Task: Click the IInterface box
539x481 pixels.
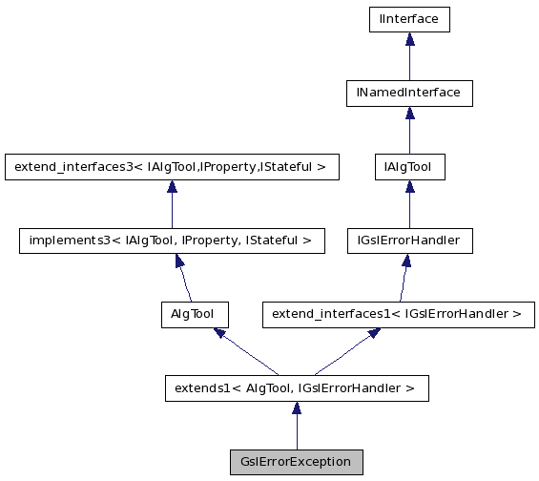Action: click(x=409, y=18)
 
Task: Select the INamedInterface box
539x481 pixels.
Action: click(x=409, y=93)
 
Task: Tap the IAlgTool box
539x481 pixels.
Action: click(x=409, y=167)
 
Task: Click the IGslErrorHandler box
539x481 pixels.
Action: click(x=409, y=240)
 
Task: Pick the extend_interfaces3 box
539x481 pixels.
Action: click(x=170, y=167)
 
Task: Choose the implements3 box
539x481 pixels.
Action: click(x=170, y=240)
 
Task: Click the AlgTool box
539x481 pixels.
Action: click(x=193, y=313)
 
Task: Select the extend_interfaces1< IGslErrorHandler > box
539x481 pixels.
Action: click(x=398, y=313)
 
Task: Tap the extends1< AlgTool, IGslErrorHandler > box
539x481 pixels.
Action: click(x=296, y=387)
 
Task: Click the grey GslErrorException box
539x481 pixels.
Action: click(x=296, y=462)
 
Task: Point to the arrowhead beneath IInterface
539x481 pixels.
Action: click(x=409, y=39)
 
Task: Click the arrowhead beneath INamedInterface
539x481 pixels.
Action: click(x=409, y=114)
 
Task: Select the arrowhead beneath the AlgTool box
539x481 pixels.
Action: click(x=219, y=333)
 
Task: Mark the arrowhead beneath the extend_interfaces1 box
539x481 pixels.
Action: click(x=374, y=333)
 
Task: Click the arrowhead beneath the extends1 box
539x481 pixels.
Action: click(x=296, y=408)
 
